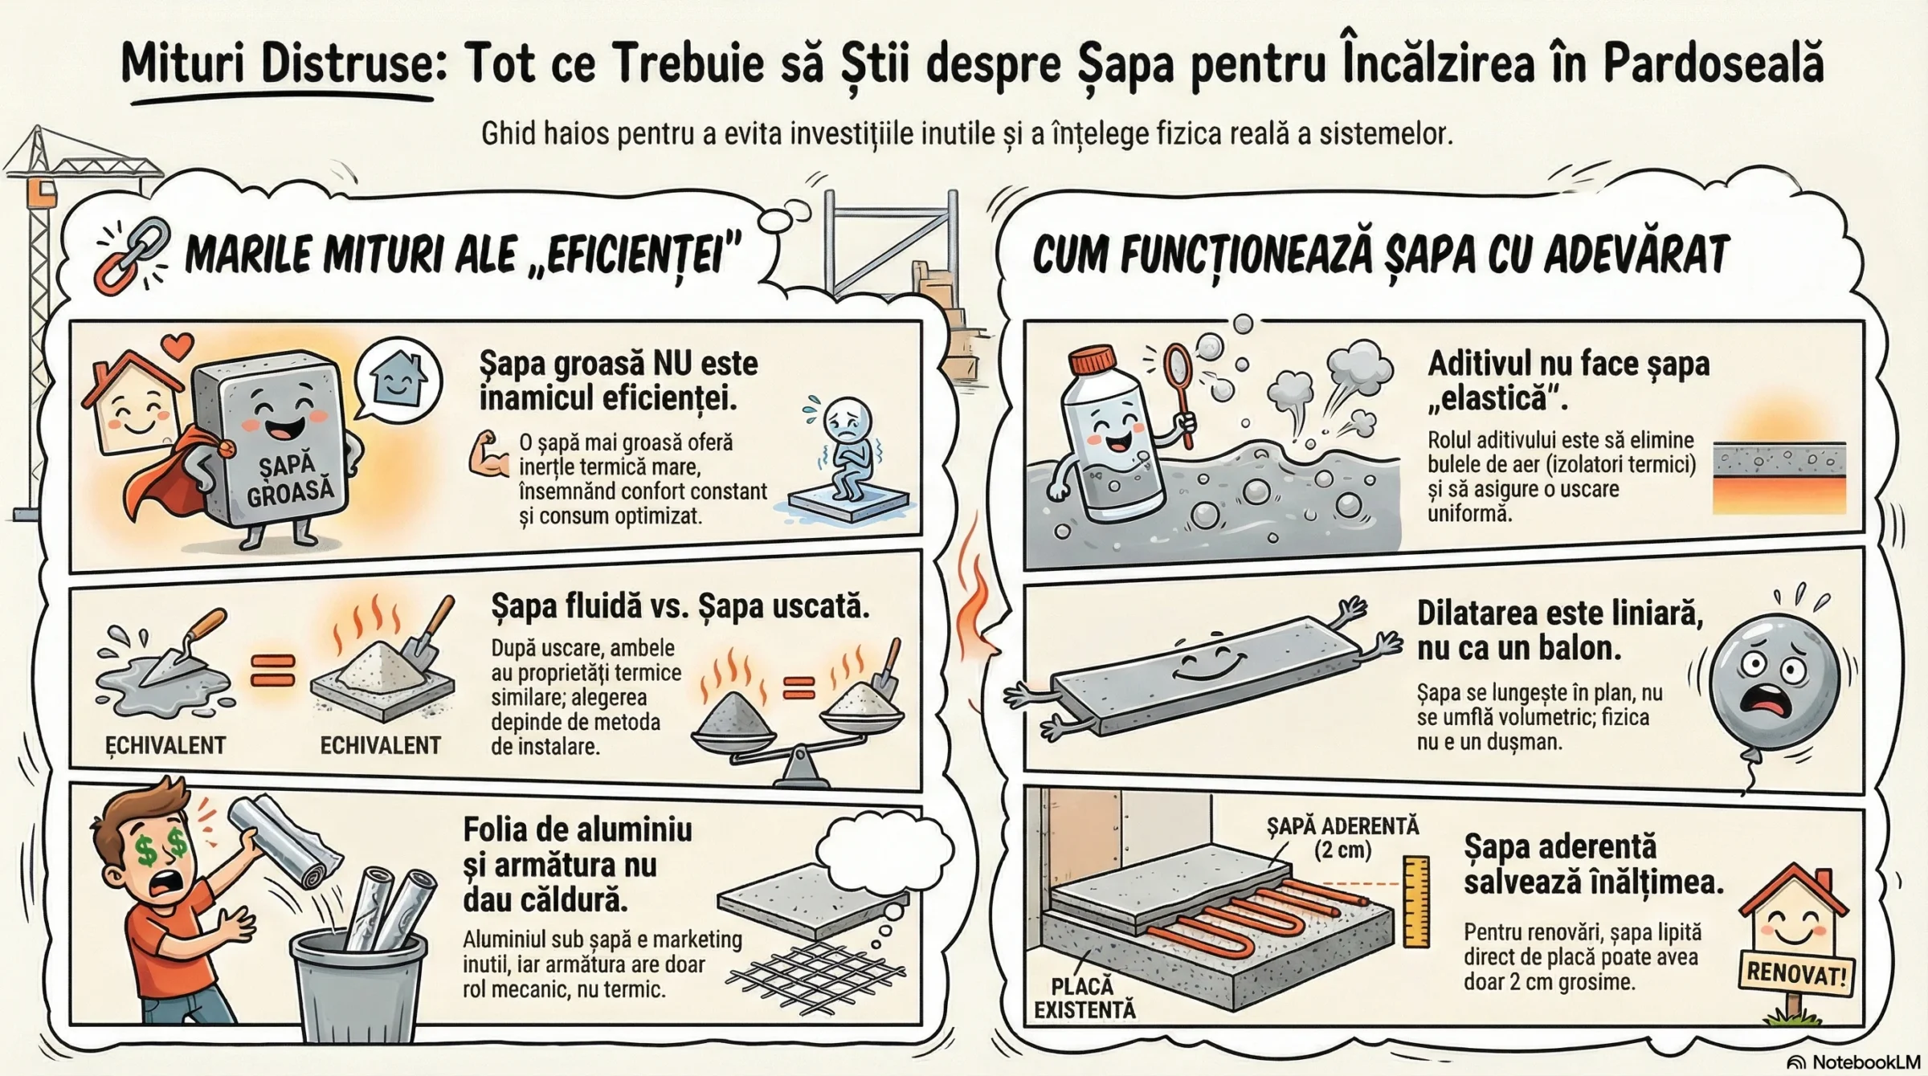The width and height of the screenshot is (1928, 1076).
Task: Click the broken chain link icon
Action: click(x=132, y=255)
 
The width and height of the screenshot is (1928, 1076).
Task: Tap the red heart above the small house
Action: click(x=178, y=346)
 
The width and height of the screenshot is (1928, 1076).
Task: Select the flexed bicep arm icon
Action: click(x=488, y=455)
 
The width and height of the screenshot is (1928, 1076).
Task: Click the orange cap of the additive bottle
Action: click(x=1094, y=360)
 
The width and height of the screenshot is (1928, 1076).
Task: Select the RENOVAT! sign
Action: click(x=1796, y=974)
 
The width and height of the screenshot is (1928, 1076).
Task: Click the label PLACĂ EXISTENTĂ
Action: click(x=1084, y=997)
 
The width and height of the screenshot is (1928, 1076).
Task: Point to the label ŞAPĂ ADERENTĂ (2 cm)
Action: click(x=1342, y=838)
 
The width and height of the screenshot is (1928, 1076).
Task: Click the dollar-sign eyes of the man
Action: click(x=162, y=848)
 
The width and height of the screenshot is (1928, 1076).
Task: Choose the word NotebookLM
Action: click(x=1865, y=1062)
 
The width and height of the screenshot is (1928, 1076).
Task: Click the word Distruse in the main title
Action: click(x=347, y=63)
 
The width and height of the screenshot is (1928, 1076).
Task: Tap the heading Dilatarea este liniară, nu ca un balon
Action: click(x=1559, y=630)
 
